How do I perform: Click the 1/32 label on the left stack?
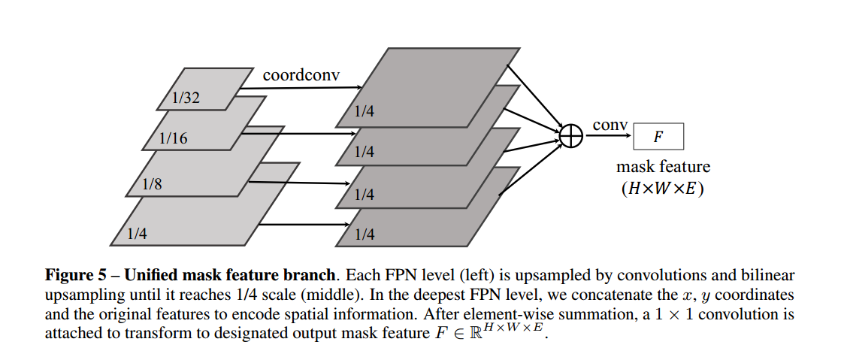[186, 98]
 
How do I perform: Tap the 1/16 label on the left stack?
[174, 138]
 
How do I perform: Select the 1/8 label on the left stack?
[152, 184]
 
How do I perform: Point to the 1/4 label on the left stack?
[137, 234]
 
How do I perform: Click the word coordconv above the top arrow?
[301, 75]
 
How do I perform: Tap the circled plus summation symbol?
[571, 136]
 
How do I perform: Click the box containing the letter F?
[658, 136]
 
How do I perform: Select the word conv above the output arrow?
[610, 125]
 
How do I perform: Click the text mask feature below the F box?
[663, 166]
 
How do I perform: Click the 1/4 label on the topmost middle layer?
[365, 113]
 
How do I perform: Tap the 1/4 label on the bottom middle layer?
[365, 234]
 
